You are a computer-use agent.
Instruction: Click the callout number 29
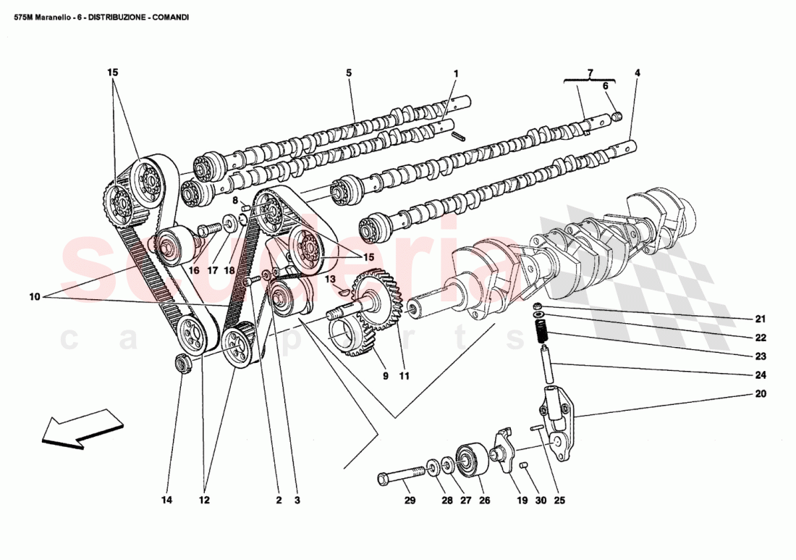[x=409, y=501]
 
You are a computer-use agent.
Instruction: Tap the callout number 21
[x=760, y=319]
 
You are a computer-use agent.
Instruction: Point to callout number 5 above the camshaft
[x=348, y=73]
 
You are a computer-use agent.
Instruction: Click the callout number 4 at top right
[x=637, y=73]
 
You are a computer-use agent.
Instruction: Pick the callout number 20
[x=760, y=395]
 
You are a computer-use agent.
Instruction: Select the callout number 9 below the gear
[x=386, y=376]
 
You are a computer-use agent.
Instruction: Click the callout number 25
[x=559, y=501]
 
